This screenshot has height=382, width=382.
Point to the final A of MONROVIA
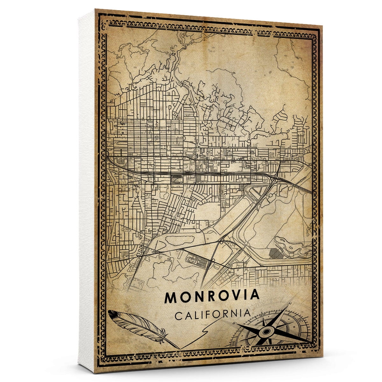(x=255, y=295)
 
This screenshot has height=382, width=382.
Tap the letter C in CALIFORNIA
(x=179, y=316)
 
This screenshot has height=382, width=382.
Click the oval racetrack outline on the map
(x=193, y=259)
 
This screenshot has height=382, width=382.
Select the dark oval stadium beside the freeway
(x=176, y=179)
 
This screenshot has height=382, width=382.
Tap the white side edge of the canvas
(x=86, y=191)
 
